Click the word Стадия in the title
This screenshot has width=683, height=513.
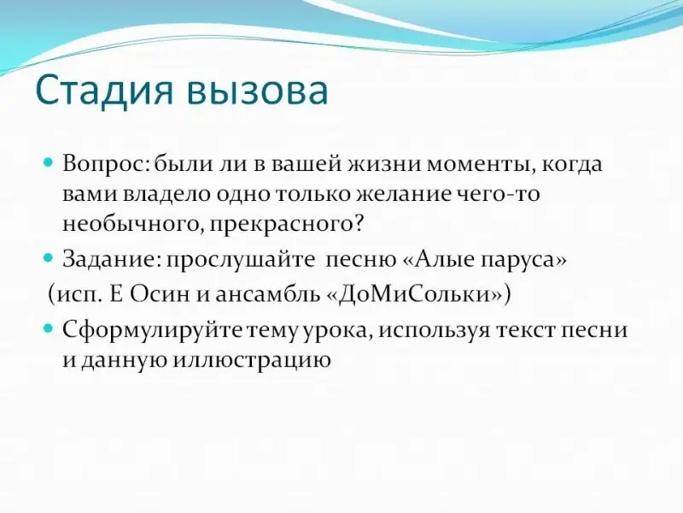point(104,91)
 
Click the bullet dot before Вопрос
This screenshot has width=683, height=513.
point(49,162)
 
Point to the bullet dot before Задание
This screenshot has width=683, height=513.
point(49,258)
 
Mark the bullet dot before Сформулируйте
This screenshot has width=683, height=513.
point(49,328)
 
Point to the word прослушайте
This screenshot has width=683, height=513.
point(241,261)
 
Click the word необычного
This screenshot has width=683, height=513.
point(132,224)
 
